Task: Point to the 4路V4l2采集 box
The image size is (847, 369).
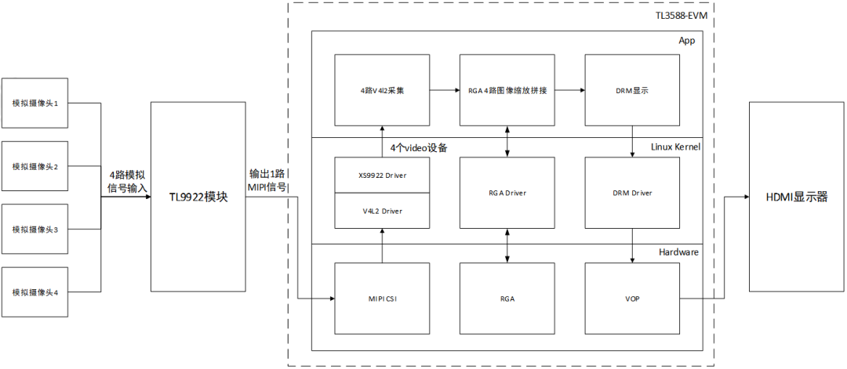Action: click(x=382, y=90)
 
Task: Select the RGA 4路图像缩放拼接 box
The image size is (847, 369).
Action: click(x=507, y=90)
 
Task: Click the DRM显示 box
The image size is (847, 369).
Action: click(x=632, y=90)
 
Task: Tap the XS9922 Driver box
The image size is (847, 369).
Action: click(x=382, y=175)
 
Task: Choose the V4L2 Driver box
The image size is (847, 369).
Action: click(x=382, y=210)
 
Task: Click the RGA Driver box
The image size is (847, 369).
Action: click(x=507, y=193)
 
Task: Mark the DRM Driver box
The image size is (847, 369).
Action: click(x=632, y=193)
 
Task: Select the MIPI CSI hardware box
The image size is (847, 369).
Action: click(x=382, y=298)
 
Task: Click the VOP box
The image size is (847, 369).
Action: click(x=632, y=298)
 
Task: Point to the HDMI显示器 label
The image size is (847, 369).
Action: click(x=795, y=197)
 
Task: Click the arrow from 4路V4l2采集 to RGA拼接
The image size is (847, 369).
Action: click(x=445, y=90)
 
